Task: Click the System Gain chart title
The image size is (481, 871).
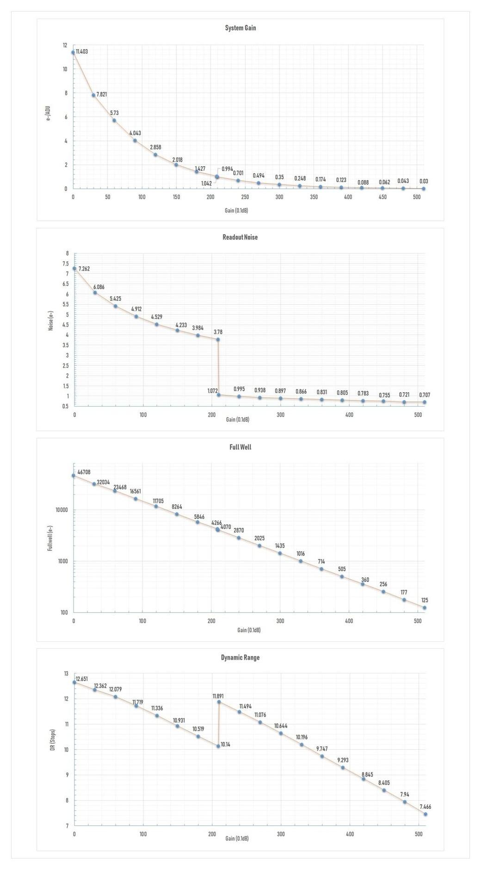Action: click(x=240, y=28)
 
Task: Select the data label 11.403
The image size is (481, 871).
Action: click(x=82, y=51)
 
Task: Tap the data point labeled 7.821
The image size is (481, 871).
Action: click(x=93, y=95)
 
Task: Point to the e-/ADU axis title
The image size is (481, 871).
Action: click(x=48, y=113)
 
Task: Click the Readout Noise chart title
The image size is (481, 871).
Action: click(x=240, y=237)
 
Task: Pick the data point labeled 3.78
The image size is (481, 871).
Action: click(x=218, y=339)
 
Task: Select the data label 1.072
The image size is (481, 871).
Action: click(x=212, y=391)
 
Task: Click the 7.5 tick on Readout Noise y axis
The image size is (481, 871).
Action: click(x=66, y=263)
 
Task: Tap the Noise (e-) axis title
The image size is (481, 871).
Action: click(x=51, y=320)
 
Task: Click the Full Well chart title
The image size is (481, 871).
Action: click(x=240, y=447)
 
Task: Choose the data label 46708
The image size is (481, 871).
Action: click(x=84, y=472)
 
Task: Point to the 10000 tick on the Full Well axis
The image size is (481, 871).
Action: click(x=62, y=510)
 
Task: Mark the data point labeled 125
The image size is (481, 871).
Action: click(x=425, y=608)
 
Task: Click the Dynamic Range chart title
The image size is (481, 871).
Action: click(x=240, y=658)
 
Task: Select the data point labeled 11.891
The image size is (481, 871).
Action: click(x=219, y=702)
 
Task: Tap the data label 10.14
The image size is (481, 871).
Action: click(x=225, y=744)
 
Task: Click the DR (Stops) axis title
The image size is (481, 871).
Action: click(x=53, y=740)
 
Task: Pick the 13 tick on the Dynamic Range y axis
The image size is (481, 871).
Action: click(x=66, y=674)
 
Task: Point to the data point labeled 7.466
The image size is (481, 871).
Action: click(x=425, y=814)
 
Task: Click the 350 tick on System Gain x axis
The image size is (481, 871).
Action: click(x=314, y=197)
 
